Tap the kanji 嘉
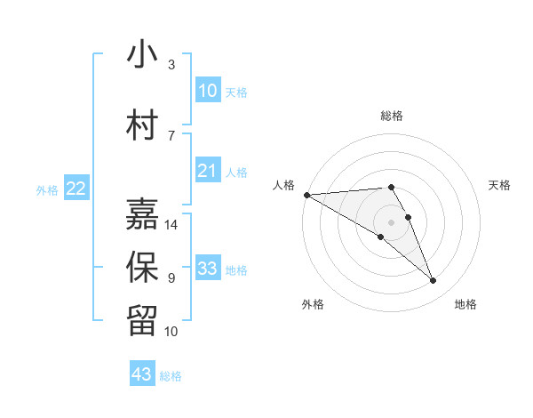click(143, 214)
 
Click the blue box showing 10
click(208, 91)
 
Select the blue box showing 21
click(208, 171)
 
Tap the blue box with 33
click(208, 269)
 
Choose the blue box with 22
click(76, 188)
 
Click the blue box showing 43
click(142, 374)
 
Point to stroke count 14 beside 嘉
click(172, 225)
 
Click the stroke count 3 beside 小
click(171, 65)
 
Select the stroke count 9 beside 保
click(171, 278)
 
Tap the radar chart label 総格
click(392, 116)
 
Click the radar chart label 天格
click(500, 185)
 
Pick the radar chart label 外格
click(313, 304)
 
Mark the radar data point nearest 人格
click(306, 195)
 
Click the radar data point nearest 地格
click(434, 281)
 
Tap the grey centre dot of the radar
click(392, 221)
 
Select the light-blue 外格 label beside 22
click(47, 189)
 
